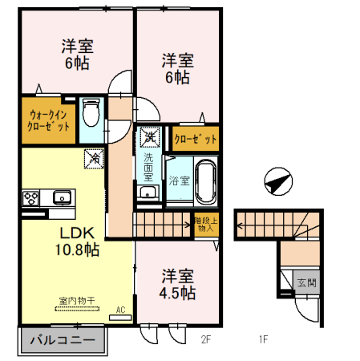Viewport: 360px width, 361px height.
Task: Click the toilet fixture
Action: [x=91, y=112]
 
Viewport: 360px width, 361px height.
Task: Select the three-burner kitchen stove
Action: [x=31, y=197]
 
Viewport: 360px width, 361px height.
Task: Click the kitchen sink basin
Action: [x=61, y=197]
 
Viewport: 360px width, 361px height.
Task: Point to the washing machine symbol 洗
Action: [x=149, y=137]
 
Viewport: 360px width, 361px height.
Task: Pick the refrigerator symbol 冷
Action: [x=91, y=158]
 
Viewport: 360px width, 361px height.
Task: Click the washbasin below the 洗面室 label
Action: [x=148, y=193]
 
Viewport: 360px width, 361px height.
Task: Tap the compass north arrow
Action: [x=275, y=180]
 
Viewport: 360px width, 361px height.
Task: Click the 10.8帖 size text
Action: [x=76, y=250]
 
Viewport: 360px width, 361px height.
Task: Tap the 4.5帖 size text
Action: [x=176, y=292]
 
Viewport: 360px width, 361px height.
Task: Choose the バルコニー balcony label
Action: [x=60, y=340]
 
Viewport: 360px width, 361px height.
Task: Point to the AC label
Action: [x=121, y=309]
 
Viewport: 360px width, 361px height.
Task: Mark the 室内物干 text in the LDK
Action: [x=76, y=301]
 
